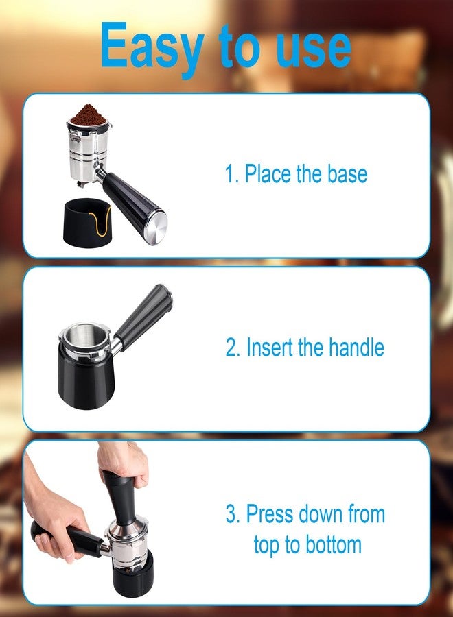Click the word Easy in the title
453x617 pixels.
pyautogui.click(x=152, y=48)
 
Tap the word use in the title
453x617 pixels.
pyautogui.click(x=313, y=49)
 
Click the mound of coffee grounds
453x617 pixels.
pyautogui.click(x=89, y=114)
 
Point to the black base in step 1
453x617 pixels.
pyautogui.click(x=87, y=223)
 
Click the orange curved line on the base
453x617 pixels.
pyautogui.click(x=100, y=224)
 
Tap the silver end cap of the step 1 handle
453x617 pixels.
pyautogui.click(x=156, y=228)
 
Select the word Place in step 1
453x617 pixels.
pyautogui.click(x=268, y=173)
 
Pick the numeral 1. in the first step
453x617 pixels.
pyautogui.click(x=231, y=174)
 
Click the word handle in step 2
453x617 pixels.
pyautogui.click(x=356, y=347)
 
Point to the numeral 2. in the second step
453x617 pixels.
pyautogui.click(x=233, y=348)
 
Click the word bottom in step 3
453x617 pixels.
pyautogui.click(x=334, y=546)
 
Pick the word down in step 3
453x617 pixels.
pyautogui.click(x=321, y=514)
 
